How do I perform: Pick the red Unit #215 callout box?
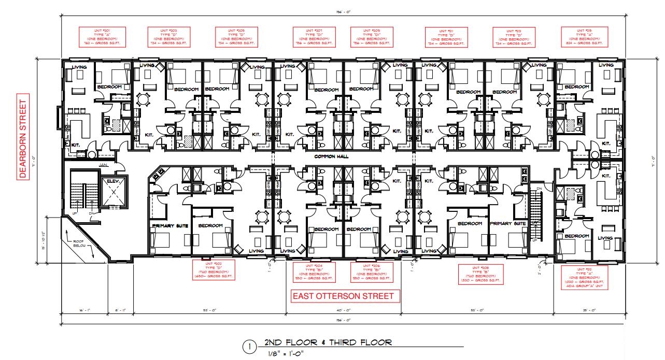click(x=582, y=37)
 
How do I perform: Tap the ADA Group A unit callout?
click(x=583, y=278)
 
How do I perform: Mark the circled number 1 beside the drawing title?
click(x=250, y=346)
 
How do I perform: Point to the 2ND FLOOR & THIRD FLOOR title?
click(x=328, y=343)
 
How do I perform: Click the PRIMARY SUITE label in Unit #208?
click(x=508, y=224)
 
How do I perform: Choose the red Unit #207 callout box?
click(x=315, y=37)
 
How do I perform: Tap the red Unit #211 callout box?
click(x=446, y=37)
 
